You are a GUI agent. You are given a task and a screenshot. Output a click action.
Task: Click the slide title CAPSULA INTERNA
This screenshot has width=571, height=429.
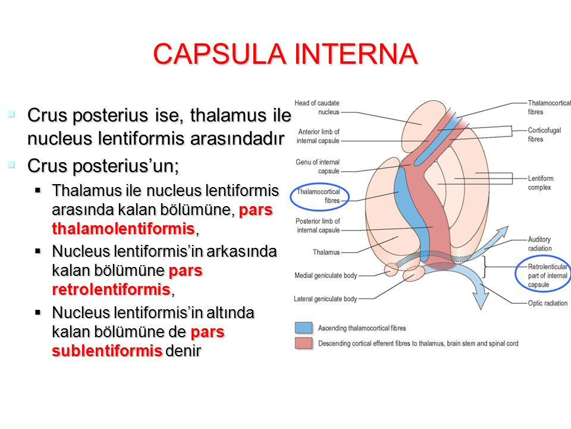click(x=285, y=54)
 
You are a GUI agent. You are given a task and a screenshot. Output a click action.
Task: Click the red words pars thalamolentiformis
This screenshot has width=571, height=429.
click(x=162, y=219)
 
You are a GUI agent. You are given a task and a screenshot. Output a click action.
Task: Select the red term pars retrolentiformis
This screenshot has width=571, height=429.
click(x=127, y=280)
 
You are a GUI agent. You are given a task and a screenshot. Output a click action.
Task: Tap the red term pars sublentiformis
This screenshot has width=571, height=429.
click(x=138, y=341)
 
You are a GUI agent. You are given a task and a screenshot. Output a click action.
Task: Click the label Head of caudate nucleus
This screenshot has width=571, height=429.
click(x=317, y=108)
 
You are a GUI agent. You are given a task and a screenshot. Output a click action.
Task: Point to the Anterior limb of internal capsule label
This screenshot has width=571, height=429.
click(x=318, y=136)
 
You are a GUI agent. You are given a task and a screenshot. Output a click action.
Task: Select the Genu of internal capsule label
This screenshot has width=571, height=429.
click(x=318, y=166)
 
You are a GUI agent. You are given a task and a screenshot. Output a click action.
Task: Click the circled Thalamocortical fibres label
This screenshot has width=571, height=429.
click(x=318, y=196)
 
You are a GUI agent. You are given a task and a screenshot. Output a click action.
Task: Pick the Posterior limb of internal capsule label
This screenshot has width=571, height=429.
click(x=318, y=225)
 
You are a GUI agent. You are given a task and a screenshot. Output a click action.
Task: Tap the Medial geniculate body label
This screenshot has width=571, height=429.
click(x=326, y=275)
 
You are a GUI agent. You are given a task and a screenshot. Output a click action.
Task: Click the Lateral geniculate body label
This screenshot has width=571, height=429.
click(x=325, y=299)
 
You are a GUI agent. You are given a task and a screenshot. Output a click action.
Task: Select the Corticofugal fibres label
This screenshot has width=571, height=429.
click(x=544, y=135)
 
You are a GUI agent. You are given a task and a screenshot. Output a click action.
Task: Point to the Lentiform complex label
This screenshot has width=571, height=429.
click(x=541, y=183)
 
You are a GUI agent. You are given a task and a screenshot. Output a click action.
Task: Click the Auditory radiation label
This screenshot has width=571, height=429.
click(x=539, y=244)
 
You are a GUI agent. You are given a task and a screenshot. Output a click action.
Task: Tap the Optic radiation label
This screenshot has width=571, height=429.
click(x=548, y=303)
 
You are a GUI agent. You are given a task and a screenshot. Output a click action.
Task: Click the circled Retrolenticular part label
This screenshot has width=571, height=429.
click(x=548, y=275)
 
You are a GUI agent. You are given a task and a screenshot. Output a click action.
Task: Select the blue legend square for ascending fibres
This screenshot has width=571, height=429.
click(x=303, y=328)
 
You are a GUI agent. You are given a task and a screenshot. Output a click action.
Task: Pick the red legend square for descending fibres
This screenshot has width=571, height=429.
click(x=303, y=343)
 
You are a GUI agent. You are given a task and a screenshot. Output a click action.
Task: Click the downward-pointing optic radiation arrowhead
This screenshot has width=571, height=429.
click(x=481, y=300)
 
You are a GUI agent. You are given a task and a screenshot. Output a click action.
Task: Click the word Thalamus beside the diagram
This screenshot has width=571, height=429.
click(x=327, y=252)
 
